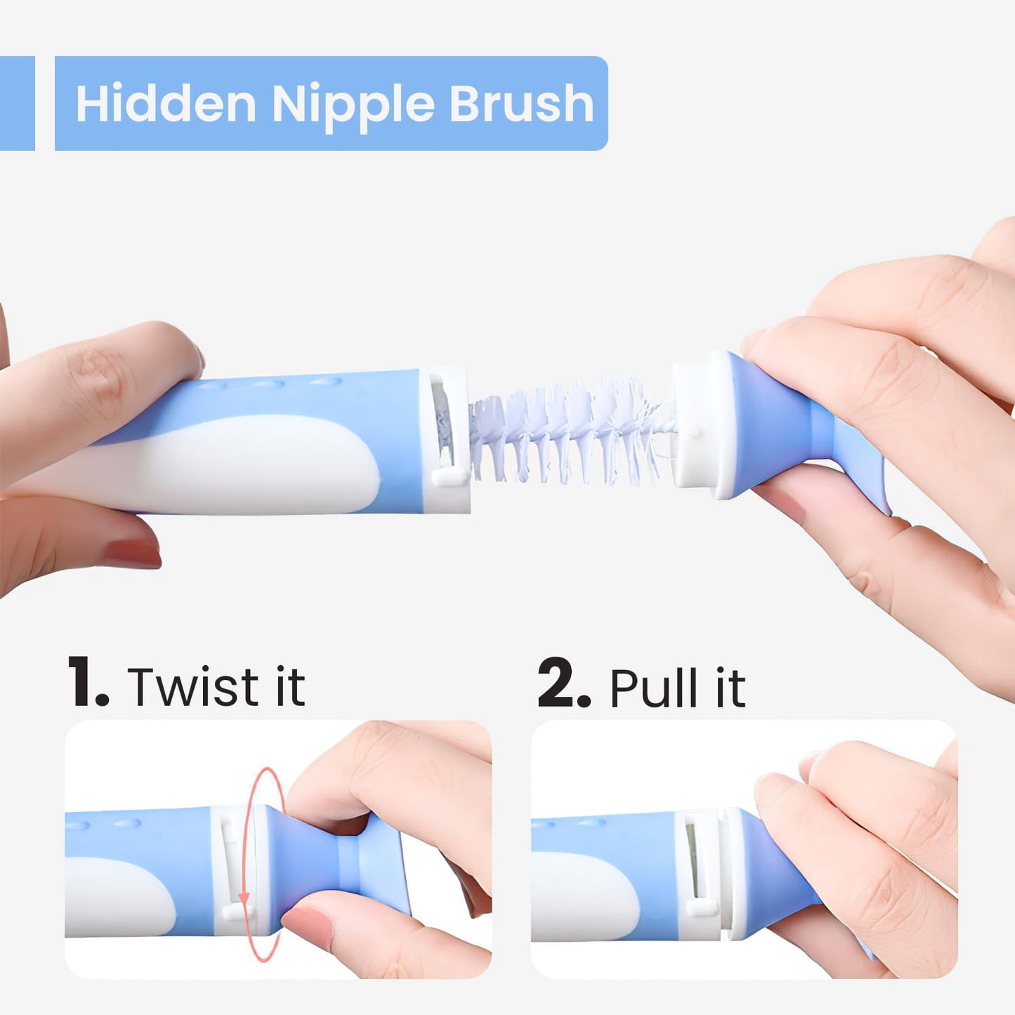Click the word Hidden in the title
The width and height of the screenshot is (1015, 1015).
click(166, 104)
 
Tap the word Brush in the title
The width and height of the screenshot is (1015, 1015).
click(521, 104)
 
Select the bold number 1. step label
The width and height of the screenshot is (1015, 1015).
click(88, 683)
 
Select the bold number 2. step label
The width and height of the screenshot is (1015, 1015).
click(563, 683)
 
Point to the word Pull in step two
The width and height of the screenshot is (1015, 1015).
click(654, 688)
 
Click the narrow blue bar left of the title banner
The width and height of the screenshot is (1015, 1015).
click(17, 103)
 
